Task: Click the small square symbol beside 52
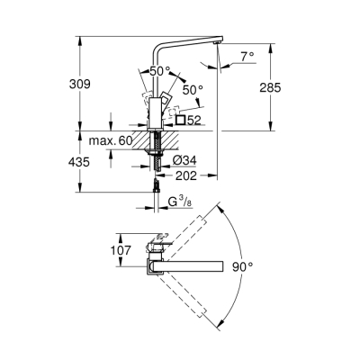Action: [x=182, y=119]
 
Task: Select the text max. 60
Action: [x=112, y=140]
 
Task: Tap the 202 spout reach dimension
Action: [x=187, y=175]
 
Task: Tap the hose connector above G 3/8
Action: [x=157, y=186]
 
